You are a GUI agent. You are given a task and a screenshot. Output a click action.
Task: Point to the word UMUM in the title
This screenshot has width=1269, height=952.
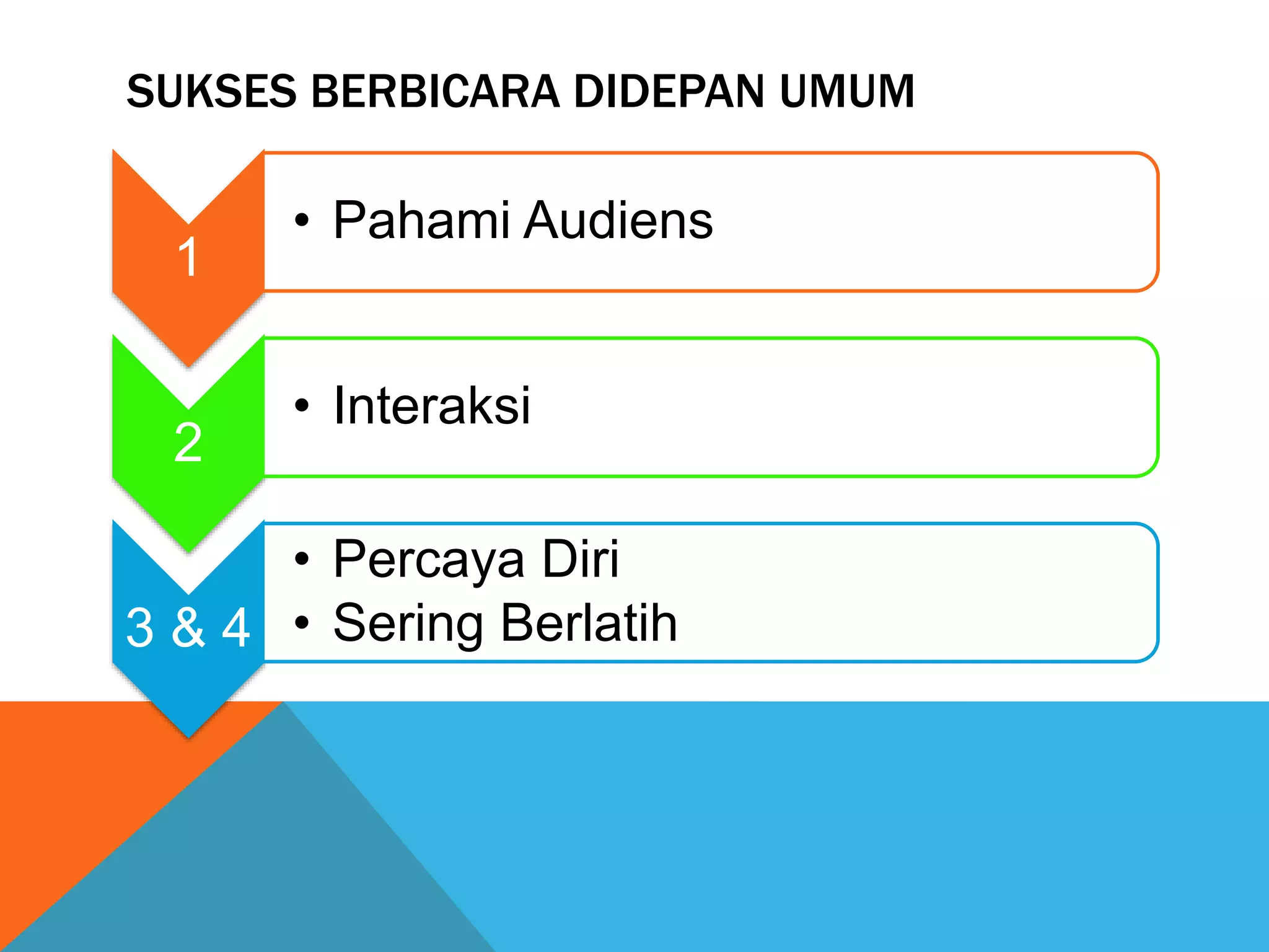[x=846, y=91]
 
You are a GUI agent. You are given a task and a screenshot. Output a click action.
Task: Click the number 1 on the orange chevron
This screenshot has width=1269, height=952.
[x=188, y=257]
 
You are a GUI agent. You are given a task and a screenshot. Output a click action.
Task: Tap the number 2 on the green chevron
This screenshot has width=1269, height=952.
[x=188, y=442]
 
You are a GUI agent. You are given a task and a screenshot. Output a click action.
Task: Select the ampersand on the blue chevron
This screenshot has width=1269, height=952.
[x=188, y=627]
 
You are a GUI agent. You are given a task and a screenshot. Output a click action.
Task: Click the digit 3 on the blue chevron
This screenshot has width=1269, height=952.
[x=140, y=628]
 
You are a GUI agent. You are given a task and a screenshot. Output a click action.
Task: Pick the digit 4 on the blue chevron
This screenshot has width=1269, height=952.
[x=236, y=628]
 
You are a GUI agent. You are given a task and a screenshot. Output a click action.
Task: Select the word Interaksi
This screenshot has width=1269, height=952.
[x=432, y=405]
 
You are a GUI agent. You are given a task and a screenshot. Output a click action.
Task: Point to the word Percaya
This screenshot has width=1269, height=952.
[x=427, y=560]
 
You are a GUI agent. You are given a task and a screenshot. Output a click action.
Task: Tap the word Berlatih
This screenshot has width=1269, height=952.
[x=589, y=622]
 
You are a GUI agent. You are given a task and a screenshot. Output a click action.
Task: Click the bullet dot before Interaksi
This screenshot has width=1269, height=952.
[x=302, y=405]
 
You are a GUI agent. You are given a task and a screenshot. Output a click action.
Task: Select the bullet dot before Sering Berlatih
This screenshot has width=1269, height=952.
[x=302, y=622]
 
